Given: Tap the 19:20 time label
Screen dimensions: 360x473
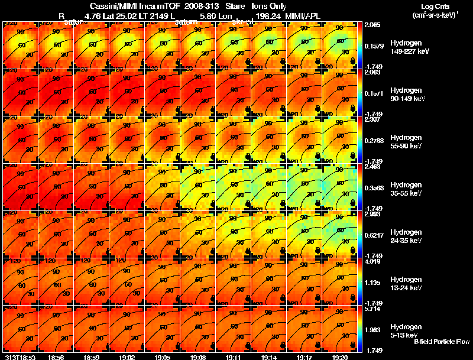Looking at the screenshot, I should (x=339, y=357).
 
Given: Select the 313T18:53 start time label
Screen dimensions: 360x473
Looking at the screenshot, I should (x=20, y=357).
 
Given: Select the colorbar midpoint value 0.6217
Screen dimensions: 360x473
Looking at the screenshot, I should (x=374, y=235).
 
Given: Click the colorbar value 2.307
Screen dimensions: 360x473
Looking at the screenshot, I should (x=372, y=120).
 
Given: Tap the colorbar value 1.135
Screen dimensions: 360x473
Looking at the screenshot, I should (x=372, y=283).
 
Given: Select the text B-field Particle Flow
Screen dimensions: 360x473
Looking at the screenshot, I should (x=442, y=342).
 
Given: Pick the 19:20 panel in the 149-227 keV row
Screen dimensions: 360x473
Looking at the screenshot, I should (x=341, y=45).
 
